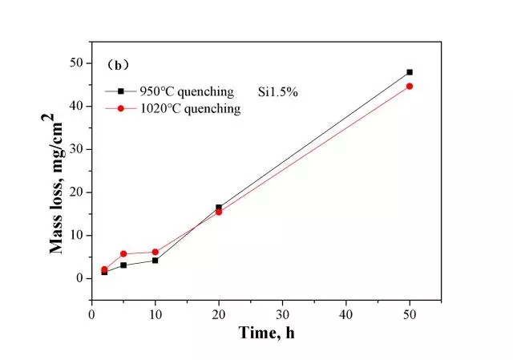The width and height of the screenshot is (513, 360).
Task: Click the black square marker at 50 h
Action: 410,72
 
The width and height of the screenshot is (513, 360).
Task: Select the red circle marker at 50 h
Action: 410,86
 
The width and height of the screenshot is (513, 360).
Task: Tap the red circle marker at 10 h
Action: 155,252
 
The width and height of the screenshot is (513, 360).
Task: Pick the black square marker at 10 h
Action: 155,261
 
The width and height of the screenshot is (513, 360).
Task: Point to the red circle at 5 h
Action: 123,253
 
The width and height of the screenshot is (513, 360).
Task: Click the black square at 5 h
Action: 123,265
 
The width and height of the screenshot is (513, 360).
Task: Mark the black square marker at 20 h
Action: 219,207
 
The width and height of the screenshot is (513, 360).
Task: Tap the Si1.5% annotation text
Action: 278,91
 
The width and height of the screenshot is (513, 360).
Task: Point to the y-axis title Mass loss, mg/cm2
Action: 58,184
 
